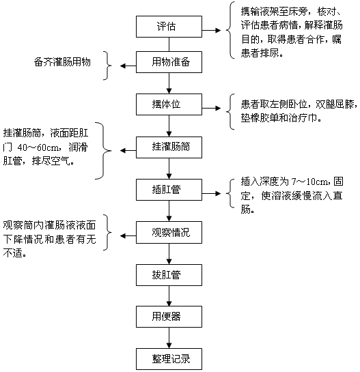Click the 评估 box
pos(169,27)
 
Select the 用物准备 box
pos(169,62)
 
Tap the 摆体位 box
pos(169,104)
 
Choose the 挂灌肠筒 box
pos(169,147)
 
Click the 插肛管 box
pos(169,190)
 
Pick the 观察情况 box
pos(169,232)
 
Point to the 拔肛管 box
pos(169,275)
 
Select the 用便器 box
pos(169,317)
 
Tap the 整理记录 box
pos(169,359)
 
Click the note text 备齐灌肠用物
pos(62,62)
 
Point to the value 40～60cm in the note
pos(38,147)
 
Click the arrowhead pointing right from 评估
pos(218,30)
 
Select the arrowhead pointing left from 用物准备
pos(123,66)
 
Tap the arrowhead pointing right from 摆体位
pos(218,108)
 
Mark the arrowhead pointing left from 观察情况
pos(123,235)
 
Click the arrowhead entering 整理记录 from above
pos(169,345)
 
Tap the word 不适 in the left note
pos(12,253)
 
